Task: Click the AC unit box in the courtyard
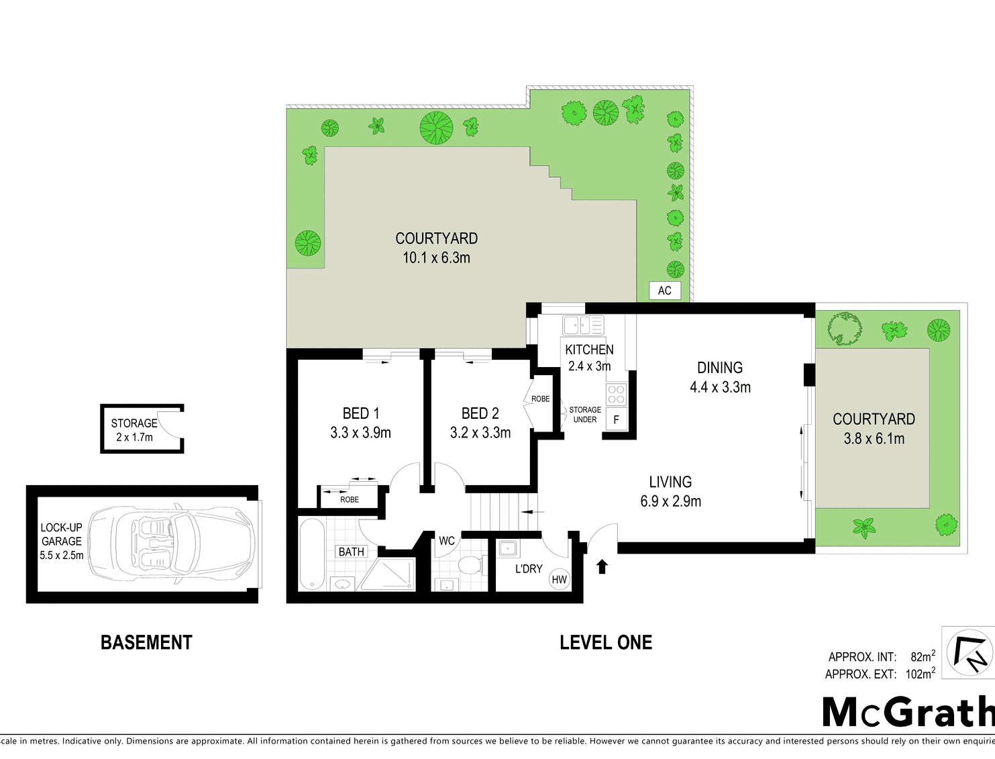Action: pos(664,291)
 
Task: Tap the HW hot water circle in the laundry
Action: pos(559,579)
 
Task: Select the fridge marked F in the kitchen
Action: pos(617,419)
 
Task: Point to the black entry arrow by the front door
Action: pos(602,566)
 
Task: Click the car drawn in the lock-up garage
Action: pos(171,544)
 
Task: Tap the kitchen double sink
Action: pos(584,325)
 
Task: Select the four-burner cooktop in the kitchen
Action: pos(617,394)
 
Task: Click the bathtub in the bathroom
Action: pos(312,554)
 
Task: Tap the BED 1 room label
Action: pos(360,413)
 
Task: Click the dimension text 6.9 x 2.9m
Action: pos(670,501)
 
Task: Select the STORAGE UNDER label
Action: pos(585,415)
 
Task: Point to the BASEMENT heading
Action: pos(146,642)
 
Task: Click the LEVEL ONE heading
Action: pos(606,642)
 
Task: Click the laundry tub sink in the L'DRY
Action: pos(507,549)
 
